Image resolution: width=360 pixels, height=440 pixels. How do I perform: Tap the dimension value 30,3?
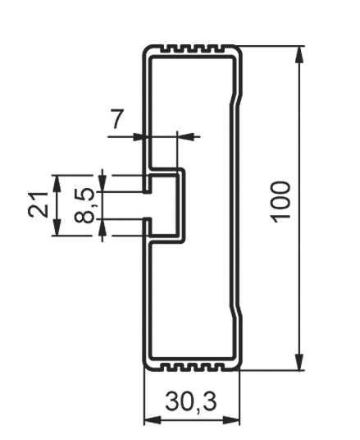coord(191,402)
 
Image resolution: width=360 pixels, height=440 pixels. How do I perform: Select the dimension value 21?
coord(38,204)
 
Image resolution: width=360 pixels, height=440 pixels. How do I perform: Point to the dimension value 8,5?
coord(84,205)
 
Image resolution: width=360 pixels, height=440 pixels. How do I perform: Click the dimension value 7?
coord(117,119)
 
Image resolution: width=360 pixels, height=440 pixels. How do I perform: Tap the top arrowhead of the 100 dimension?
coord(299,55)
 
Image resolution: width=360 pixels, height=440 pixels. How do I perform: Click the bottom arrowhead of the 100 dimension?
coord(299,362)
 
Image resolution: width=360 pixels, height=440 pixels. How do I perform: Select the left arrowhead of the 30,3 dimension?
coord(153,420)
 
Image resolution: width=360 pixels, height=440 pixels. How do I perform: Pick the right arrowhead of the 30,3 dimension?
coord(231,420)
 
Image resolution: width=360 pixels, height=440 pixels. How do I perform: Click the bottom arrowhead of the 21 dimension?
coord(57,227)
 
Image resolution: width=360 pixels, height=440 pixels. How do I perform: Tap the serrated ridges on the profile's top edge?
coord(192,49)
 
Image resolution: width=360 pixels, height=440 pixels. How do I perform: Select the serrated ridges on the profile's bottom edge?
coord(193,367)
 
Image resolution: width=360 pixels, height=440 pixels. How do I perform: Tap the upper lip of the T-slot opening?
coord(147,184)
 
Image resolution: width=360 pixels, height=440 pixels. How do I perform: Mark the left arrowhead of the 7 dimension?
coord(138,137)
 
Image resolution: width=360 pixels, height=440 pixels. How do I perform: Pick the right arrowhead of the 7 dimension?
coord(186,136)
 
